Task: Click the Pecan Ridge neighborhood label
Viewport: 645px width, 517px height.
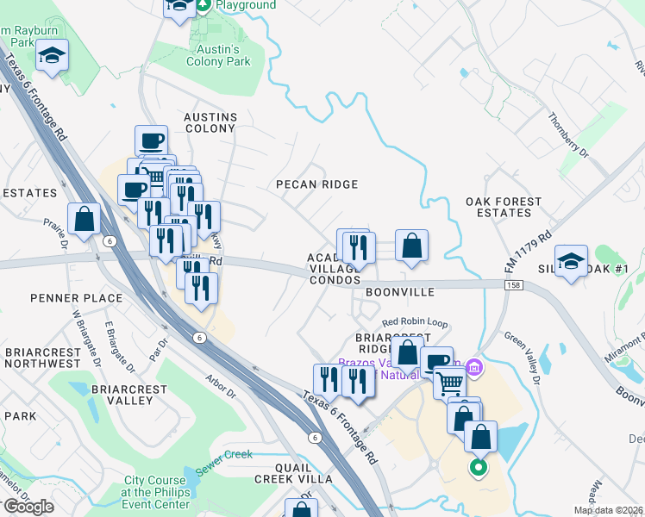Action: pos(316,184)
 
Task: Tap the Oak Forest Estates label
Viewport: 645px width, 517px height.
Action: pos(504,207)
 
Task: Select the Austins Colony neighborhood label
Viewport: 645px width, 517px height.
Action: pos(209,122)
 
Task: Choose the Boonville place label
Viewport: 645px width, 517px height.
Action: pos(398,292)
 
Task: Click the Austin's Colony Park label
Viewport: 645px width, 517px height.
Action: pos(219,55)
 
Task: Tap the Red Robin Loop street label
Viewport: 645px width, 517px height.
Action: pos(415,323)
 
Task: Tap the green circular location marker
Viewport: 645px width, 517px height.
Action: pos(477,469)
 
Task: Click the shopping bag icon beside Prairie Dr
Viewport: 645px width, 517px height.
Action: pos(85,219)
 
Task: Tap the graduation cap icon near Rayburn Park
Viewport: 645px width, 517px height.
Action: pos(52,56)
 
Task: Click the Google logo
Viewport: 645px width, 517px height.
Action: pos(28,506)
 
